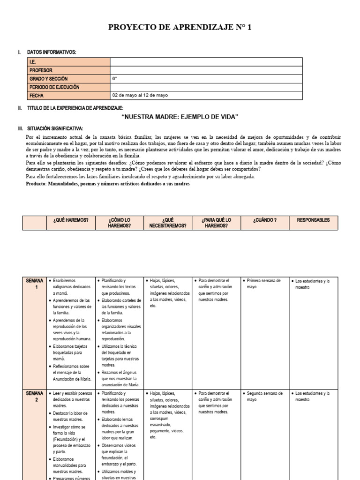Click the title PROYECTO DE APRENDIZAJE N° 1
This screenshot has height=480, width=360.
pos(180,28)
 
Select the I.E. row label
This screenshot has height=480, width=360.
pos(33,62)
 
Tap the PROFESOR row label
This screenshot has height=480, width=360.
pos(41,70)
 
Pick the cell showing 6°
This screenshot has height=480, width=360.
pos(115,79)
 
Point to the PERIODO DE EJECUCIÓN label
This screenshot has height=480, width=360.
pos(54,87)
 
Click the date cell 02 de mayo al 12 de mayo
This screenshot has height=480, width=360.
pos(140,96)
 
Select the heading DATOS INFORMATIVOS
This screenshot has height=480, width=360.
pos(52,52)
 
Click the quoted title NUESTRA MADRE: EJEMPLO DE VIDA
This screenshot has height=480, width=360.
pos(180,116)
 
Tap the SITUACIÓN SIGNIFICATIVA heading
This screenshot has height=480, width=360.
pos(55,128)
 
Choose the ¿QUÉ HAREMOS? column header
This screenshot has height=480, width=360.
pos(71,220)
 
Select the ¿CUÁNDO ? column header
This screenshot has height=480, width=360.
pos(264,220)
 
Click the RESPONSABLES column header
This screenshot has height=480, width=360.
pos(313,220)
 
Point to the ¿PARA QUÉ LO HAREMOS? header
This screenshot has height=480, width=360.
pos(216,223)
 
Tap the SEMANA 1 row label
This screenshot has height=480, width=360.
pos(35,284)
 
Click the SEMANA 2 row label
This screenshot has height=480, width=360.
pos(35,397)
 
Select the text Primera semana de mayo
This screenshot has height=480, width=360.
pos(263,284)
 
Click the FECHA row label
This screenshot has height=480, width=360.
pos(37,96)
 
